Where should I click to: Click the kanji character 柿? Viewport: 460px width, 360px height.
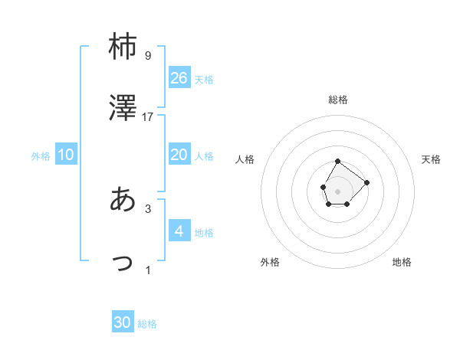(123, 47)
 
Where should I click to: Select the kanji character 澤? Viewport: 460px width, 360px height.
(123, 109)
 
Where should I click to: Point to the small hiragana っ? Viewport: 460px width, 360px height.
(123, 263)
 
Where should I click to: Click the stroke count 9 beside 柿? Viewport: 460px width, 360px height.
(148, 56)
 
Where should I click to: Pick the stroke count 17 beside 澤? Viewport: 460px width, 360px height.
(148, 117)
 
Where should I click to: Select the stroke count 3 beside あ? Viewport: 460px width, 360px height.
(148, 208)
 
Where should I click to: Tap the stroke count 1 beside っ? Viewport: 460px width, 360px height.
(148, 270)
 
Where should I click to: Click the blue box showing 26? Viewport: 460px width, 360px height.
(179, 78)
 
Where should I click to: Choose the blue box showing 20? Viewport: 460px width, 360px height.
(179, 155)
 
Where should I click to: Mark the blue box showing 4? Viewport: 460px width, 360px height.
(179, 231)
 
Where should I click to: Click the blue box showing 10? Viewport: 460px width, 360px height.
(66, 155)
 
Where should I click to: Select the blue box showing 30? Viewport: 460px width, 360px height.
(123, 322)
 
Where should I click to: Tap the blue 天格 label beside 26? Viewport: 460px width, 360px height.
(204, 80)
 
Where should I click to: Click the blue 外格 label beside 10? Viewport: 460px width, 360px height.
(41, 156)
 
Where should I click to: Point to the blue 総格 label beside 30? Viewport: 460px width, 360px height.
(147, 324)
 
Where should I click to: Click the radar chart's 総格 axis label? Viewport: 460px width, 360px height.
(338, 100)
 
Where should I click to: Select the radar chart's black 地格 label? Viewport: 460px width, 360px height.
(402, 262)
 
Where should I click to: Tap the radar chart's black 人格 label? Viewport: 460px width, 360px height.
(245, 159)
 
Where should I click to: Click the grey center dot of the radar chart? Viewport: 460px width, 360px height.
(337, 189)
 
